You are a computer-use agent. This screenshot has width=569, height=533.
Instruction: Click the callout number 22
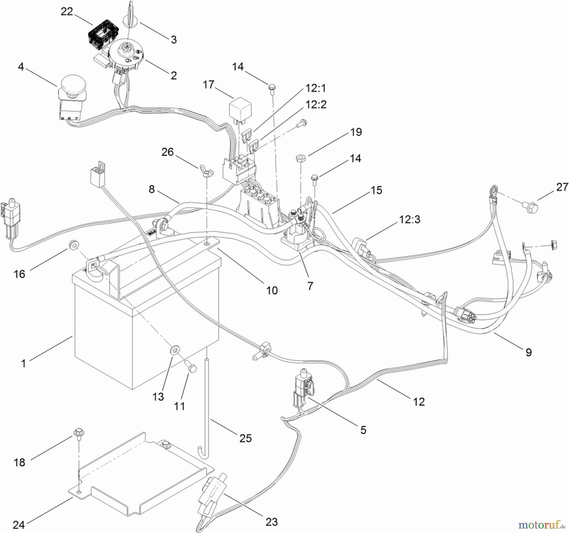[x=67, y=12]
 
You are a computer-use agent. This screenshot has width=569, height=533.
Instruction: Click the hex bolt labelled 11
[x=191, y=368]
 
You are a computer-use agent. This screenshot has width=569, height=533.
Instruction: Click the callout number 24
[x=19, y=525]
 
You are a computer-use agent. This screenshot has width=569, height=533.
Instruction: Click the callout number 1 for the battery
[x=23, y=364]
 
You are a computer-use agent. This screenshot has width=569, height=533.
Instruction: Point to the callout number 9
[x=529, y=352]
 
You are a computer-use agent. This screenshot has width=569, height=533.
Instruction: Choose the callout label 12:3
[x=410, y=219]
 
